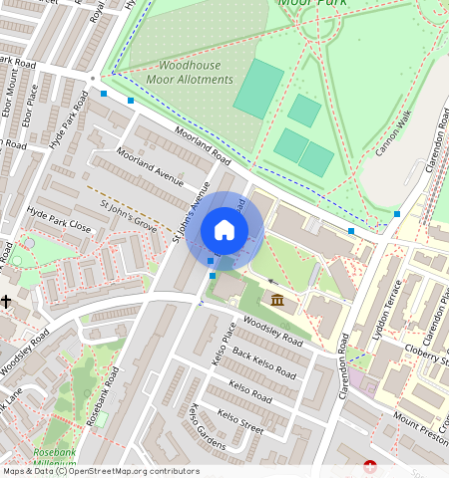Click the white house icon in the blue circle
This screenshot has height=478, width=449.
224,230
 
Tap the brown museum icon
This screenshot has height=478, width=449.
276,300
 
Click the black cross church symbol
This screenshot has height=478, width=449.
6,300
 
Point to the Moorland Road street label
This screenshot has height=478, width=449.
188,145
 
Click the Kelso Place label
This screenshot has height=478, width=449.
224,344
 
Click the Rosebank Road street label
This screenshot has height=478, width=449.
103,396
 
